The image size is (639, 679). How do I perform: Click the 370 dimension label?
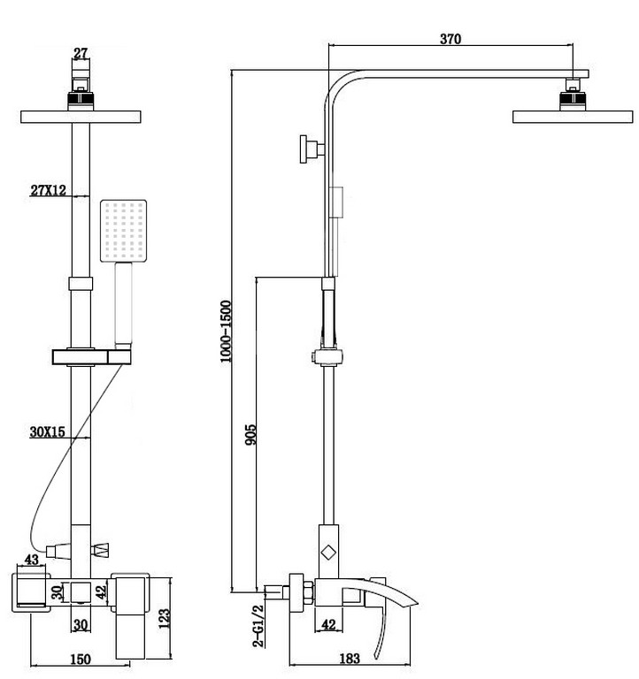coord(449,39)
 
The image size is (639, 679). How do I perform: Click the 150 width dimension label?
coord(81,659)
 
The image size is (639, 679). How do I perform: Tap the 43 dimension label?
coord(31,561)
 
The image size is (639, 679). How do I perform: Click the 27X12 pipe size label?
coord(48,189)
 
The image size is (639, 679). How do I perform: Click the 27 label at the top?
coord(81,53)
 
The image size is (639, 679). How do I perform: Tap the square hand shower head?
coord(122,233)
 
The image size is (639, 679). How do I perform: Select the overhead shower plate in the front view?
coord(80,117)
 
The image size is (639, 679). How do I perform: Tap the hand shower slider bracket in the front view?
coord(89,357)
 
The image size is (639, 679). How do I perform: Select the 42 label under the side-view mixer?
coord(329,624)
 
